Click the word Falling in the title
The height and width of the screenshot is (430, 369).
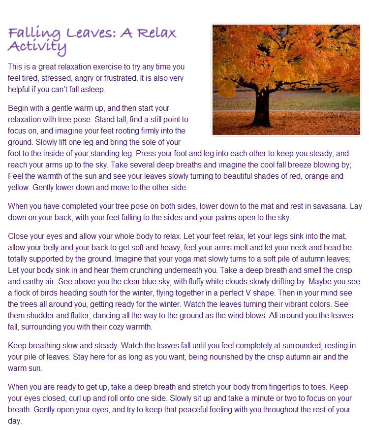32,33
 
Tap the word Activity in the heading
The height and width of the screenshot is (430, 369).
37,48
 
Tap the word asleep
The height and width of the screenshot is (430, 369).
92,90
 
